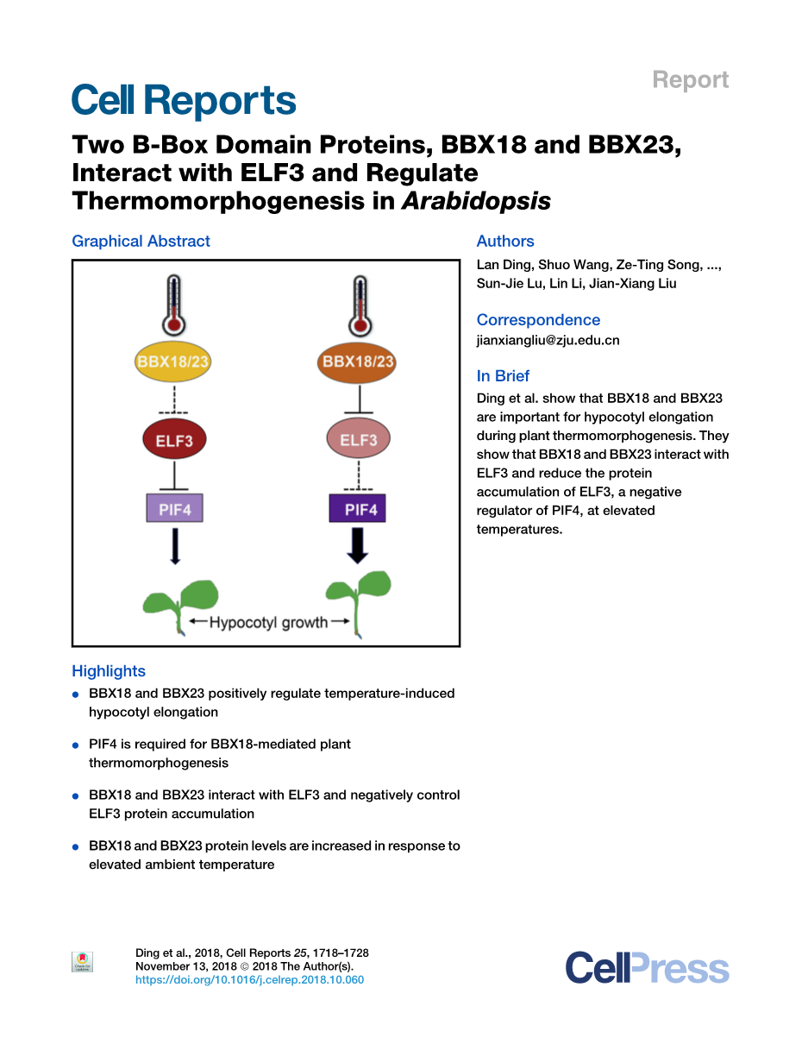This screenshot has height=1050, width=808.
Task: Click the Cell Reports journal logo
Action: click(x=184, y=101)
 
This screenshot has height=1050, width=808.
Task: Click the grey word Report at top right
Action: click(x=690, y=80)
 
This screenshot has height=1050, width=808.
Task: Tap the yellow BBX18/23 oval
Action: click(x=173, y=362)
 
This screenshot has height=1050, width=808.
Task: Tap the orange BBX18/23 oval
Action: click(x=358, y=362)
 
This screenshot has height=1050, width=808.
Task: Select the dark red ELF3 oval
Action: click(x=174, y=440)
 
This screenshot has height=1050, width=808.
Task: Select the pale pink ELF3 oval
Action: click(x=358, y=440)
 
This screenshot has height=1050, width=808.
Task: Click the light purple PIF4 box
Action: click(x=174, y=508)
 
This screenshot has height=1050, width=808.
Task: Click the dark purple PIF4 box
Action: click(x=358, y=508)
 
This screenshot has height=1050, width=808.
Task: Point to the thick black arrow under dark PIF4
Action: click(x=358, y=545)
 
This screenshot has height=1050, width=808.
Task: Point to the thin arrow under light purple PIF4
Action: click(x=175, y=545)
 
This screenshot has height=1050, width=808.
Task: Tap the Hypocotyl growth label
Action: click(x=268, y=622)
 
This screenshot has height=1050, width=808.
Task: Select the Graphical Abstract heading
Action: click(x=141, y=242)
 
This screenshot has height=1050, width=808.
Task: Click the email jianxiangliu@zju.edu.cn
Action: click(x=548, y=340)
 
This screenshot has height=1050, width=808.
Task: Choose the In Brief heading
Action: click(x=503, y=376)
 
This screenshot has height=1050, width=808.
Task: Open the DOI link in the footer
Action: click(x=249, y=980)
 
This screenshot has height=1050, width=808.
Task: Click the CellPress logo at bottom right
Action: click(x=647, y=967)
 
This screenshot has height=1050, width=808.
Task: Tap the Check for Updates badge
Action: click(x=82, y=962)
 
